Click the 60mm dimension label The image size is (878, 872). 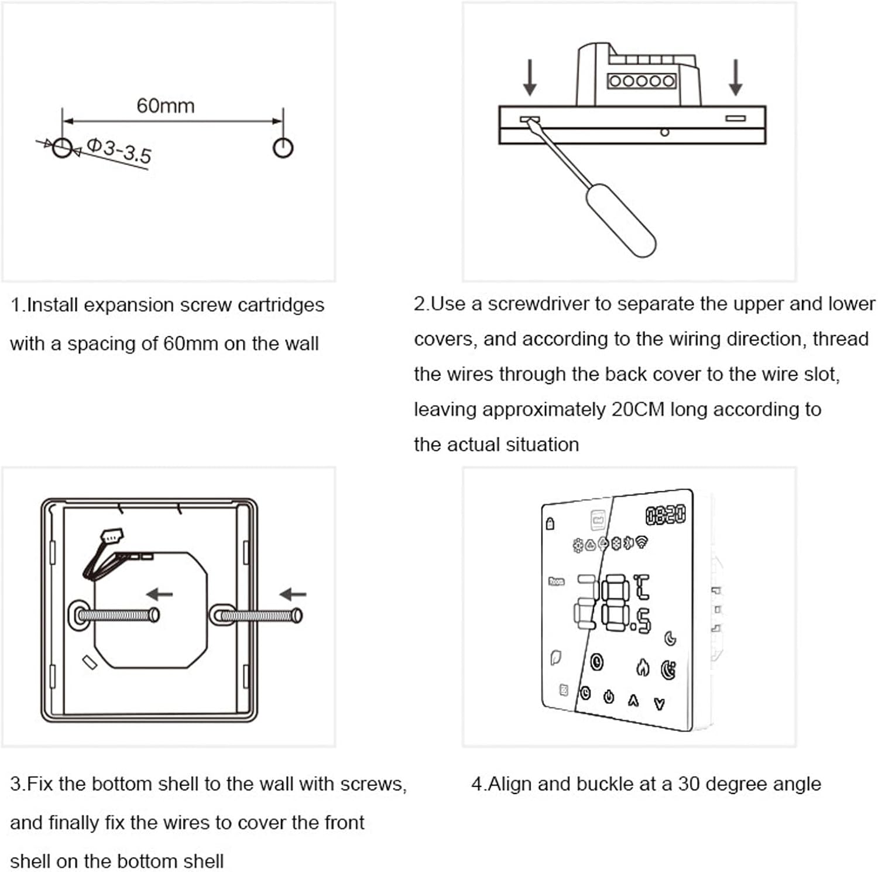coord(165,106)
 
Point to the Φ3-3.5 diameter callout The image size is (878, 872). coord(119,151)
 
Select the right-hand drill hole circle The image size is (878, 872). coord(283,148)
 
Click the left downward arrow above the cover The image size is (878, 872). coord(530,77)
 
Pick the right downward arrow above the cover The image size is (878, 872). coord(736,77)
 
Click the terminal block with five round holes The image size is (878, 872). coord(642,81)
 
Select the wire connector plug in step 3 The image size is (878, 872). coord(112,536)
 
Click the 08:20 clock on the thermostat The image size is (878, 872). coord(666,515)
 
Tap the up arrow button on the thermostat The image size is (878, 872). coord(633,700)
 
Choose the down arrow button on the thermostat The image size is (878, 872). coord(659,704)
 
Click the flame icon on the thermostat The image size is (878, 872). coord(643,667)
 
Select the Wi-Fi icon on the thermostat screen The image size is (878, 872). coord(642,542)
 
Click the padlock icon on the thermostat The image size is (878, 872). coord(550,523)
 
